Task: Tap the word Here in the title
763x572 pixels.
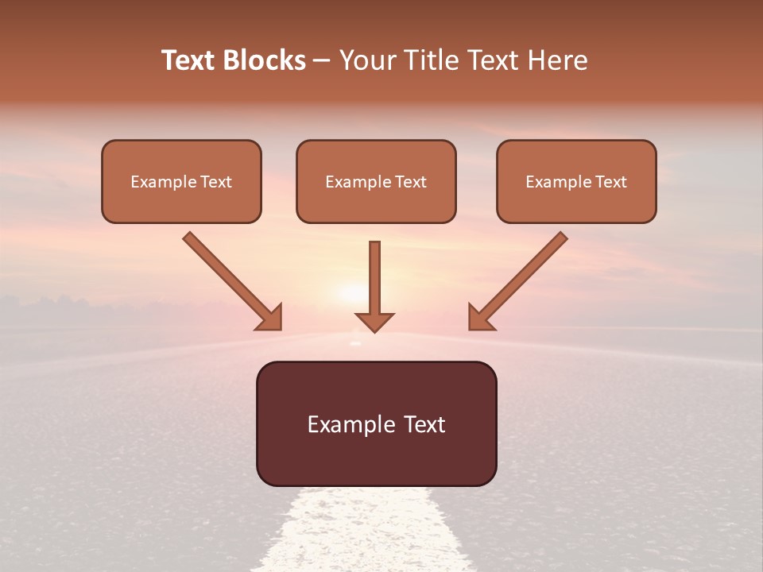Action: [558, 60]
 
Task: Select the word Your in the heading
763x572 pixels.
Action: [364, 60]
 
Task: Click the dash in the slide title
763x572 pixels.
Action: [322, 60]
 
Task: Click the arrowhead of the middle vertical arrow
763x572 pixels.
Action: [374, 322]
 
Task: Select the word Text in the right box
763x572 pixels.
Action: [611, 182]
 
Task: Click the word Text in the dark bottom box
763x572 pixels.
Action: [426, 424]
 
